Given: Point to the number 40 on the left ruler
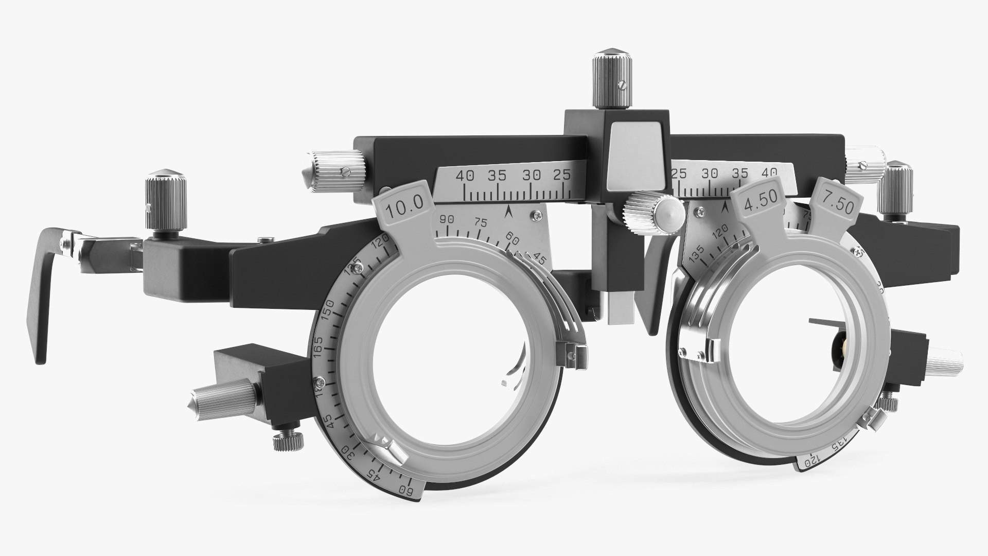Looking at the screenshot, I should coord(465,176).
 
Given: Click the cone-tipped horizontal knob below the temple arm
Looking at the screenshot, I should coord(221,394).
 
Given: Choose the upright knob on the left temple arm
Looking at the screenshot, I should coord(165,206).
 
